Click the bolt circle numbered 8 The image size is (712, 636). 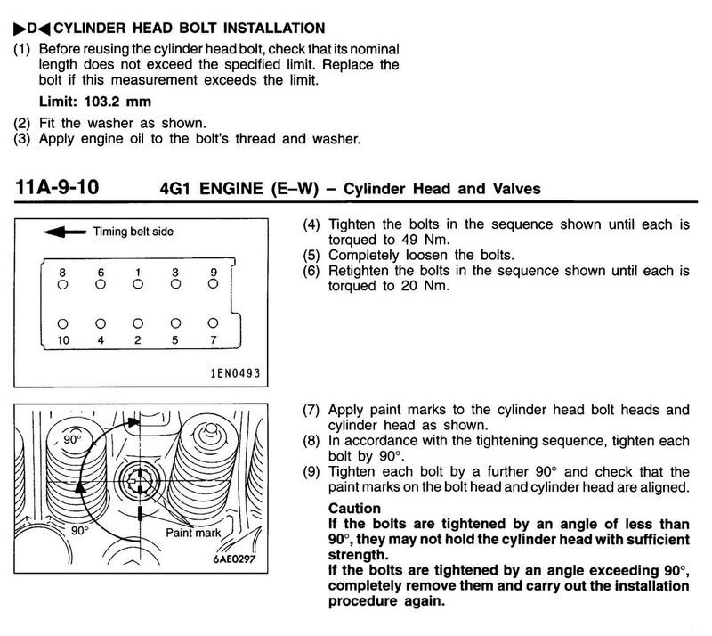coord(62,284)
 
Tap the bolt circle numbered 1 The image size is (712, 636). coord(137,284)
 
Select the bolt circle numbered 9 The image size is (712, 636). coord(213,284)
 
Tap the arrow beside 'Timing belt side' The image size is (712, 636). coord(62,232)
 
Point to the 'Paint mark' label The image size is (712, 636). coord(193,533)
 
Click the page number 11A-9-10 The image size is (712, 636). coord(59,188)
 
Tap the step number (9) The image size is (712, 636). coord(311,472)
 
